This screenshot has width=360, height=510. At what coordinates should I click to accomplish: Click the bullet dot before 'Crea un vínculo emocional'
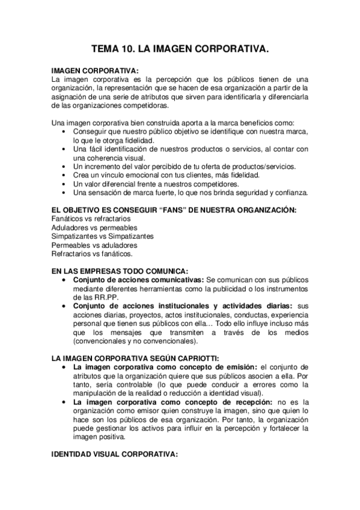point(65,175)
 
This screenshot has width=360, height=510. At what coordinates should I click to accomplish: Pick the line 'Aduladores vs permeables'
point(94,228)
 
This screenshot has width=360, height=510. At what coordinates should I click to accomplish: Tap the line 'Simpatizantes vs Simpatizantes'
point(102,236)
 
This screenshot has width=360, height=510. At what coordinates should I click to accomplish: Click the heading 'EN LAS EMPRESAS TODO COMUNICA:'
point(120,271)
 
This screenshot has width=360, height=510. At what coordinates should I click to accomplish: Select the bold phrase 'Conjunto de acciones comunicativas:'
point(138,280)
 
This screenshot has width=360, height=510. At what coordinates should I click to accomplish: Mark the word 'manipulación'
point(96,393)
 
